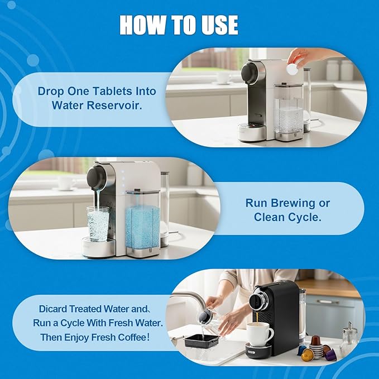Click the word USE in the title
[x=220, y=25]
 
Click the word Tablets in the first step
[x=113, y=91]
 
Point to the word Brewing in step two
[x=292, y=203]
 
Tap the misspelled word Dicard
[x=53, y=309]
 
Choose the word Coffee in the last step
[x=130, y=337]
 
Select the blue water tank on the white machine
[x=142, y=227]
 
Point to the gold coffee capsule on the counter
[x=307, y=354]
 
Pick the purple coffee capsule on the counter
[x=330, y=354]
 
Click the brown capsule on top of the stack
[x=316, y=340]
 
